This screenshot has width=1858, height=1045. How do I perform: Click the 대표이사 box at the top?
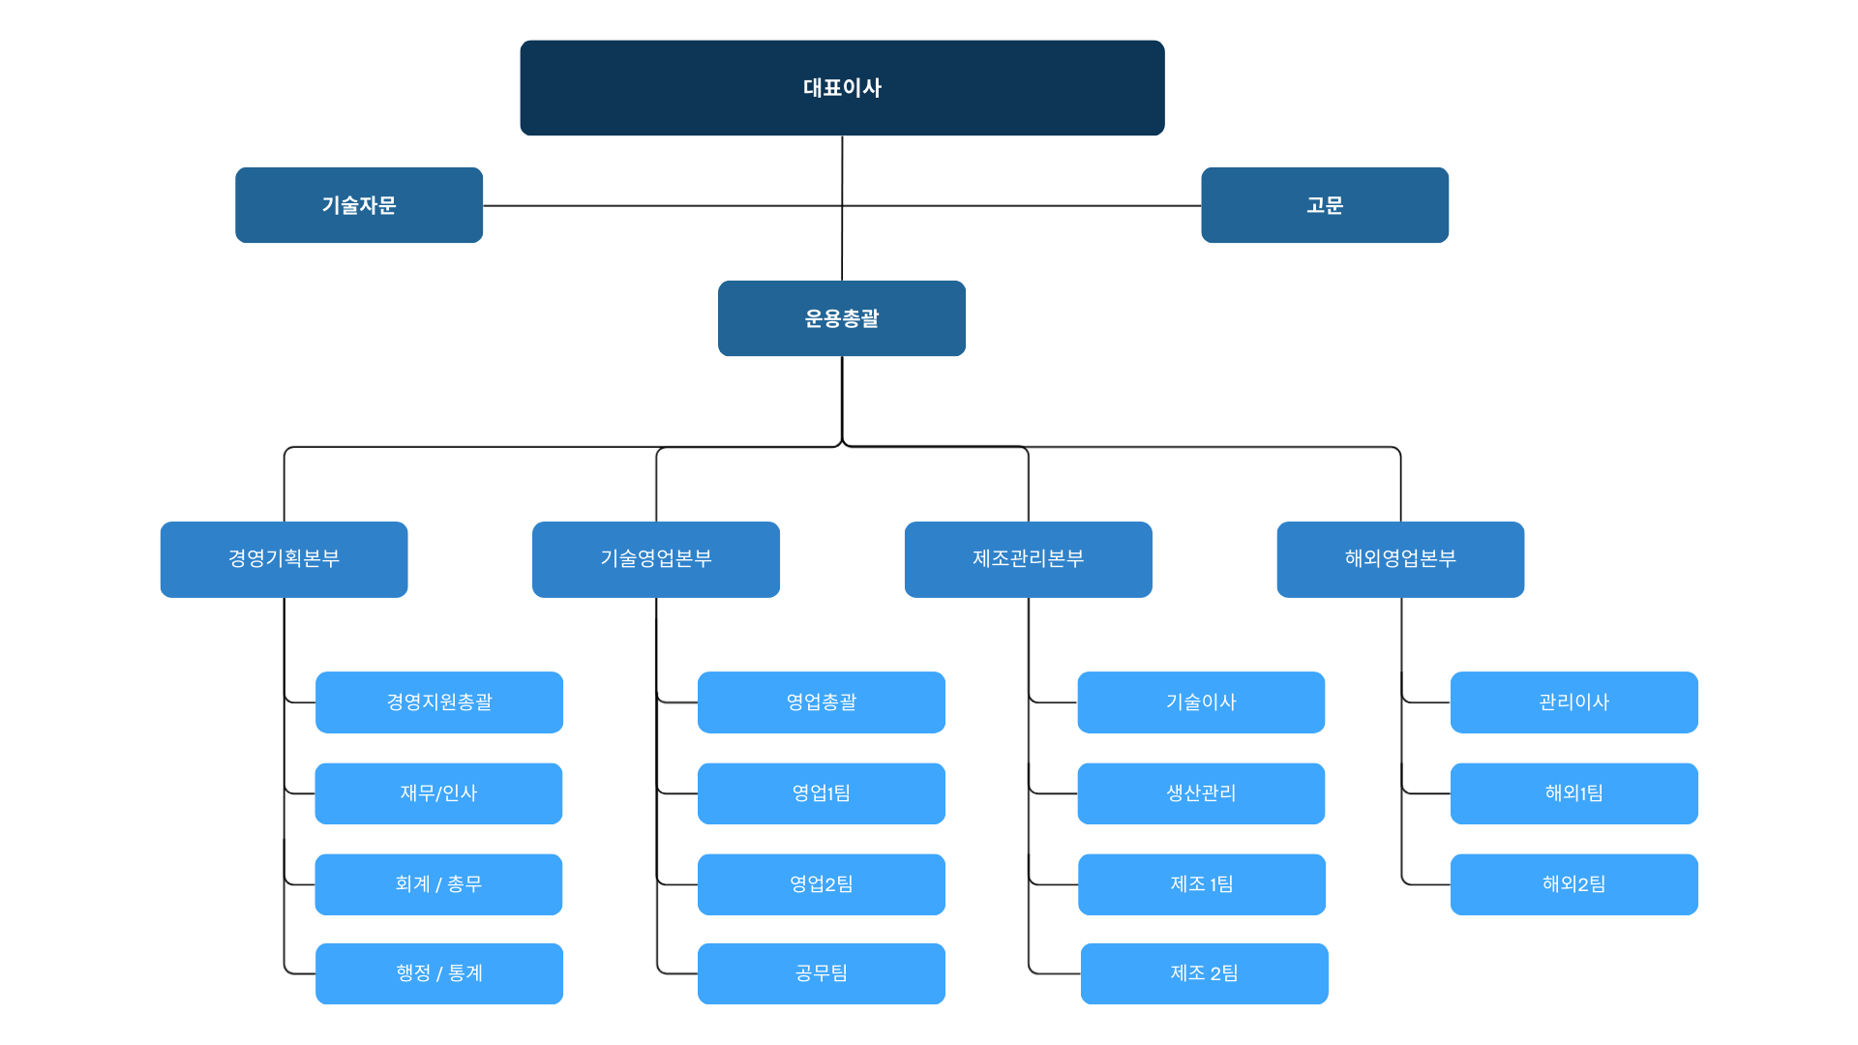842,88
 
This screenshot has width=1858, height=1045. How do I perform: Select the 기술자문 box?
359,205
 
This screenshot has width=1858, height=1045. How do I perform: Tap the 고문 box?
1325,205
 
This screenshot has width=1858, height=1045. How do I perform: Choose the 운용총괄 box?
842,318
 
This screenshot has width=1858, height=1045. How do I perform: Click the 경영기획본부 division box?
284,559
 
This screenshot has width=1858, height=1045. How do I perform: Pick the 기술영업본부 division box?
656,559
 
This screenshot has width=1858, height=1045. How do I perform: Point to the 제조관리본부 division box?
1029,559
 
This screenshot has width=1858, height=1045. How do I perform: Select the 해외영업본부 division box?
1400,559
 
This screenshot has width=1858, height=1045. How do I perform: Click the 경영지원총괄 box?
439,702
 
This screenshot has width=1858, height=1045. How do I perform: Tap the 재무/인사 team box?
438,793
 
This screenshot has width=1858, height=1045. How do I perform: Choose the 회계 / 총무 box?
438,884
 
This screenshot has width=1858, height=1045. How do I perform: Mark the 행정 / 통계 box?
439,973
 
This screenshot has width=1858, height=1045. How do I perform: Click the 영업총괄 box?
822,702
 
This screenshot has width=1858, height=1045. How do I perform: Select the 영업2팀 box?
822,884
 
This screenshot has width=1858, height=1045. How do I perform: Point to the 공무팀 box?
822,973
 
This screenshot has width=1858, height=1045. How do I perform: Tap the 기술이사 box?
1201,702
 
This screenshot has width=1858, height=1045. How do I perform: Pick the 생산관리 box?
1201,793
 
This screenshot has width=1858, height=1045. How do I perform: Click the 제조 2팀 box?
1205,973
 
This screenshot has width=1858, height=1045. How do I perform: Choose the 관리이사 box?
1574,702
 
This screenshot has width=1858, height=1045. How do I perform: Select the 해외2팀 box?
1574,884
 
